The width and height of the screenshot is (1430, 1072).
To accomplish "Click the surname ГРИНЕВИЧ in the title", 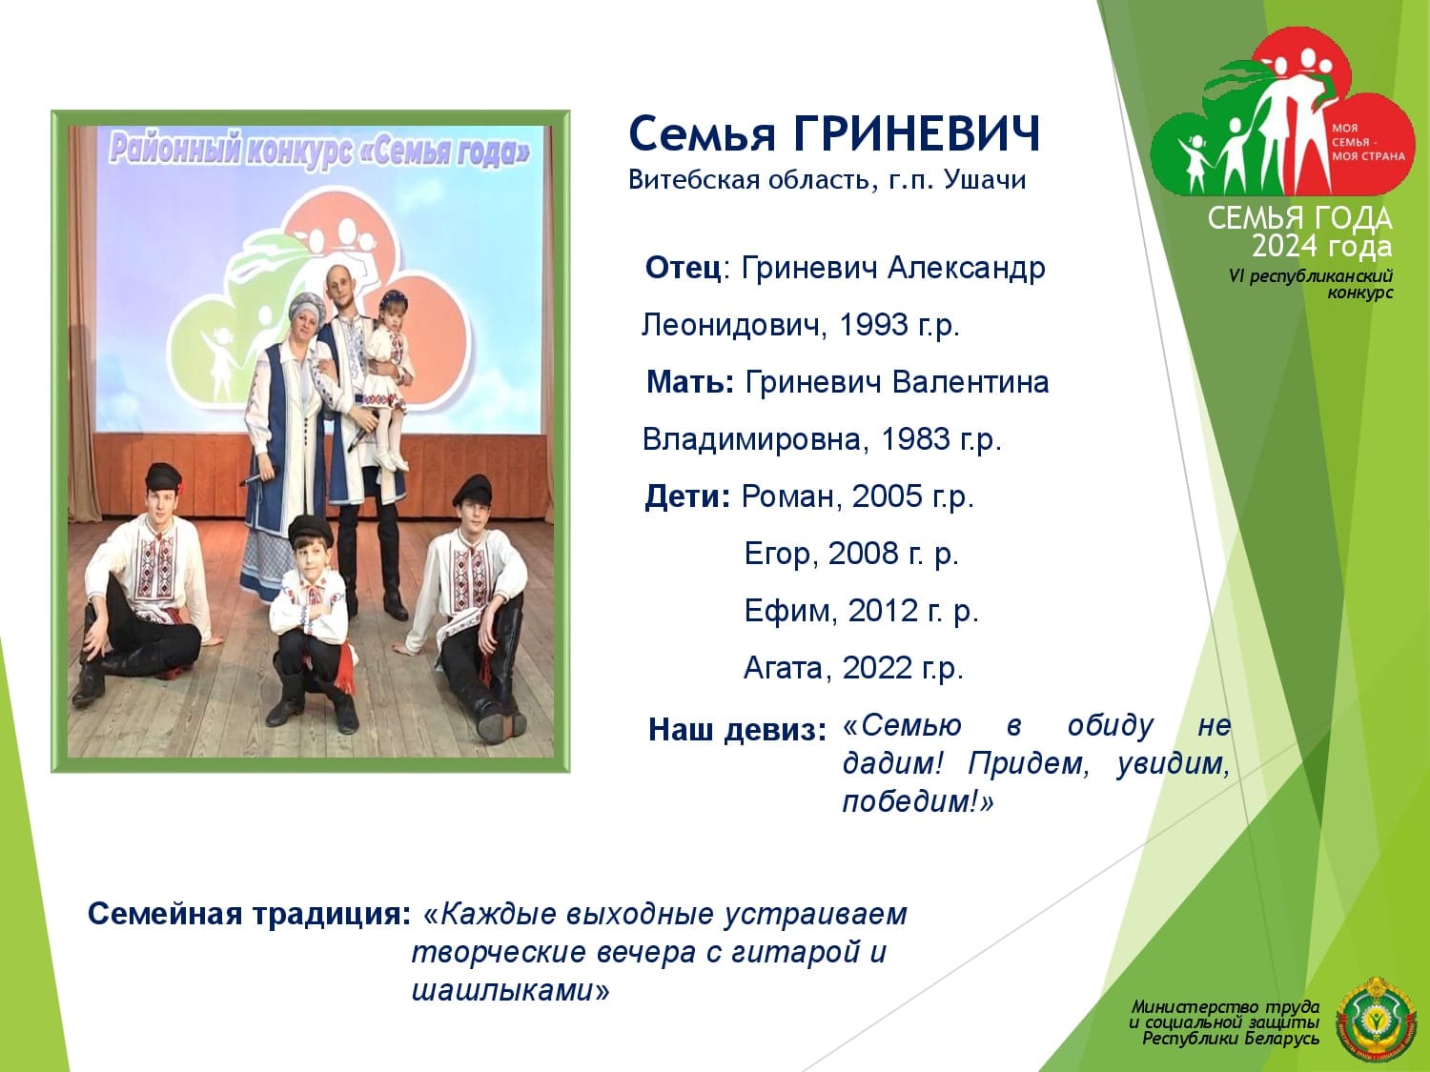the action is pos(917,134).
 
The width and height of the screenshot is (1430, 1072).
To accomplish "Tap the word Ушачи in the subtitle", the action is pos(985,179).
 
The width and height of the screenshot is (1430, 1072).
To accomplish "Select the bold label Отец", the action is pos(683,268).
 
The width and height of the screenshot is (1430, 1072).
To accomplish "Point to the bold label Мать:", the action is pos(690,382).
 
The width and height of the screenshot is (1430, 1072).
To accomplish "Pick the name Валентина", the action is pos(970,382).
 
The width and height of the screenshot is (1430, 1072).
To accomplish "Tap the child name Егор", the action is pos(777,554).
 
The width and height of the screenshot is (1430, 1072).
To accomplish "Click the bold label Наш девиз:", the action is pos(737,730).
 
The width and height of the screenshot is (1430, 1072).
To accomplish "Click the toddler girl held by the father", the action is pos(386,374).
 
